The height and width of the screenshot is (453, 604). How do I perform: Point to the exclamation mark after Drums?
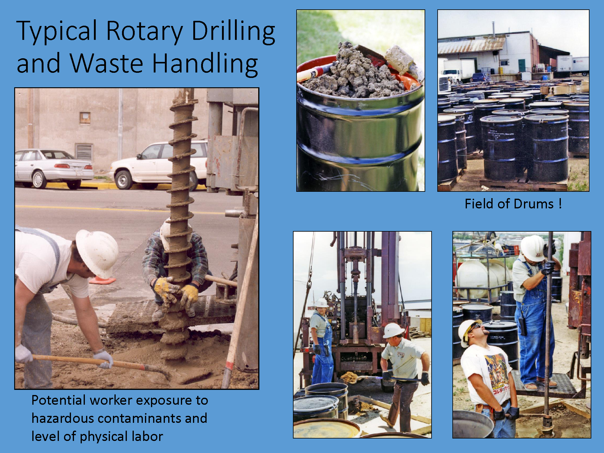coord(560,204)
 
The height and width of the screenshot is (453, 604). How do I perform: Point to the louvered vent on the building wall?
coord(84,152)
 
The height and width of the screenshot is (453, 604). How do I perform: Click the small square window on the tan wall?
coord(85,118)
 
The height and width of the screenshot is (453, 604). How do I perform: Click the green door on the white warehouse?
coord(522,66)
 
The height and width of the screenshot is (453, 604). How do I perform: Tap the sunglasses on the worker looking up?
coord(475,327)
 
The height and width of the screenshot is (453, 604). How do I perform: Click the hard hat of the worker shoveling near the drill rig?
coord(394,330)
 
